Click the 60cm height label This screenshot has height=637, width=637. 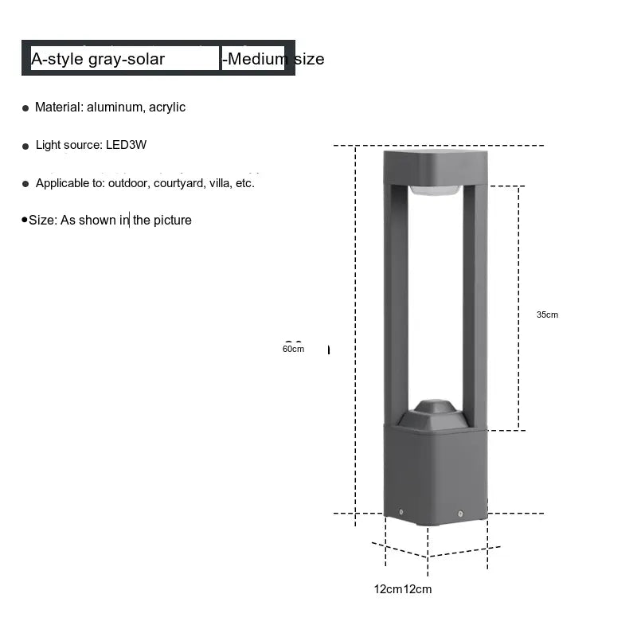(x=293, y=349)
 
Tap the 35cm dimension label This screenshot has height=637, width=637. (x=547, y=315)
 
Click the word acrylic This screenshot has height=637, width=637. (x=167, y=107)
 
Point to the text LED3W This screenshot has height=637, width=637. (x=126, y=145)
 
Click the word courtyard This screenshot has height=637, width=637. (x=180, y=184)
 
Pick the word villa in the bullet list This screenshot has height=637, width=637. (x=221, y=183)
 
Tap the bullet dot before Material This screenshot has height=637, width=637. (x=25, y=108)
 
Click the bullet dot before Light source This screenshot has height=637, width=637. (x=25, y=147)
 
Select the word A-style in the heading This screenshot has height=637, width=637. (x=57, y=59)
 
